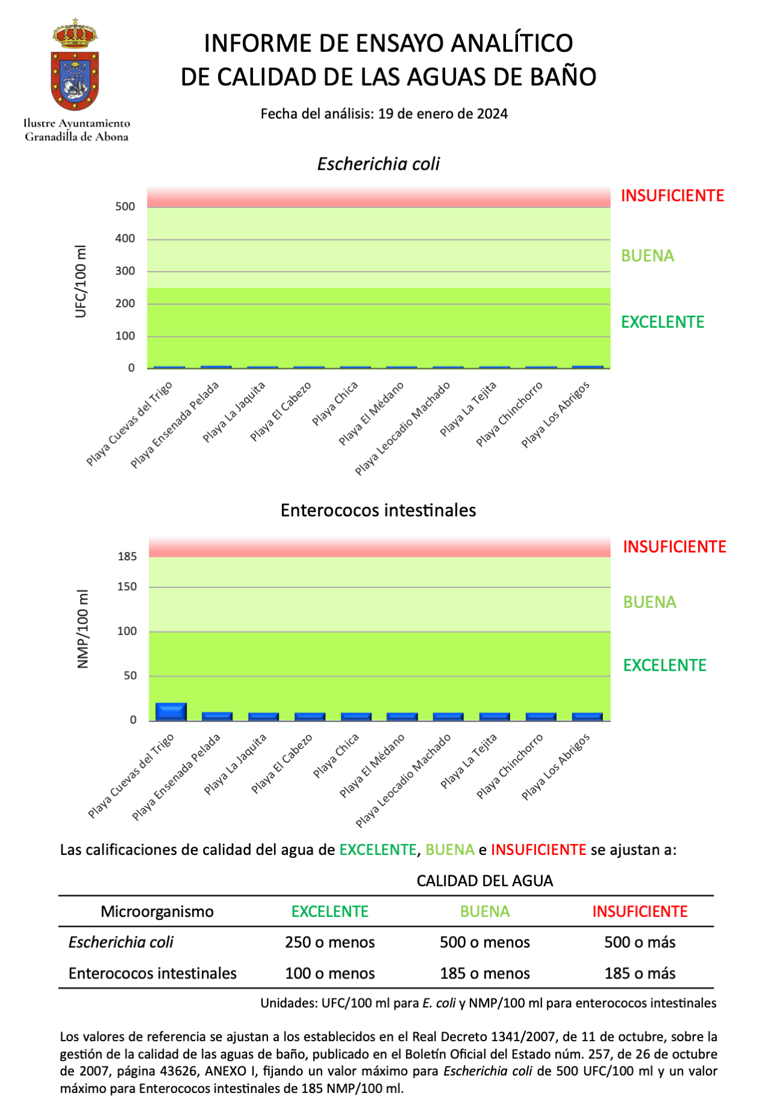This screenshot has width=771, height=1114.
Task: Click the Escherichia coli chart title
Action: (378, 164)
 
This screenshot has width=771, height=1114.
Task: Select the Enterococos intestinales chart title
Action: (378, 510)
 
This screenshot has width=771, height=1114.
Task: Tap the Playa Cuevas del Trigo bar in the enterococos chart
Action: (171, 712)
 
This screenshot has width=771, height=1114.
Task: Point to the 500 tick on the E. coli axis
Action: (125, 207)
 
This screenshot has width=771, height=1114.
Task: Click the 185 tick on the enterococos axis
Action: (127, 557)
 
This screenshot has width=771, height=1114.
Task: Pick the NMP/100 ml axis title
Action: (83, 629)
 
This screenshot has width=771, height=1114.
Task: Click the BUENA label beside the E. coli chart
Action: (648, 256)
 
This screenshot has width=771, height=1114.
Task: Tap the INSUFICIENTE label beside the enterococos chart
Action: (675, 547)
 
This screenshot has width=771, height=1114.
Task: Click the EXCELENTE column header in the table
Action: (330, 912)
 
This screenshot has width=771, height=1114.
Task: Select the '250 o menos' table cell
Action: (330, 942)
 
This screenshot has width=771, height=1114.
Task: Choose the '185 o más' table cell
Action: (640, 974)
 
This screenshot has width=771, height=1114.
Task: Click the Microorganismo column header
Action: (157, 912)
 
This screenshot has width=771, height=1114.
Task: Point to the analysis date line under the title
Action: (384, 114)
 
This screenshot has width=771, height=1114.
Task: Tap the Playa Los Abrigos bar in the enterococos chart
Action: (587, 716)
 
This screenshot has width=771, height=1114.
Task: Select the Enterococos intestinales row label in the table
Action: (152, 974)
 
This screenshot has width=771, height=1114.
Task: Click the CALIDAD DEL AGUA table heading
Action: (485, 881)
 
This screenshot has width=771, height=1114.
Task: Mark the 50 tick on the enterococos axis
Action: (131, 676)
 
